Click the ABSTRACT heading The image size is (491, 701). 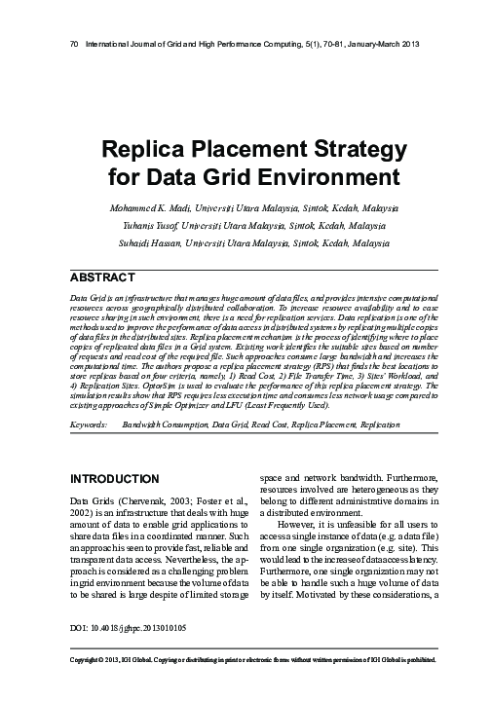[x=111, y=276]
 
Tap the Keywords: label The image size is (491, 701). [x=90, y=425]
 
